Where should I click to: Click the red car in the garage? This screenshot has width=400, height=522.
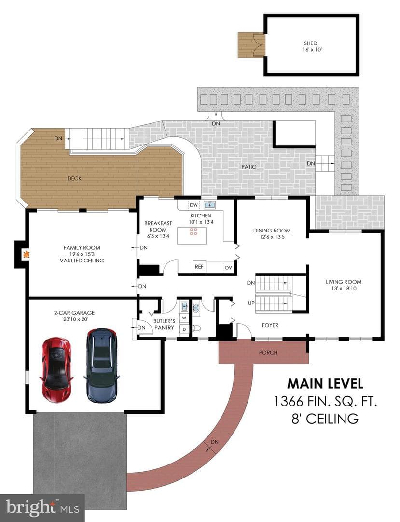57,370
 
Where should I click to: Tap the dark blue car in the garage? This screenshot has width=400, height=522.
101,365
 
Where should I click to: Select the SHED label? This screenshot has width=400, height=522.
311,43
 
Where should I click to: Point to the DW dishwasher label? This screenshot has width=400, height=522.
193,205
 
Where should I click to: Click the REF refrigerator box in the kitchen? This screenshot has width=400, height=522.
199,267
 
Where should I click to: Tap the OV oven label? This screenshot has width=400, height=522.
228,267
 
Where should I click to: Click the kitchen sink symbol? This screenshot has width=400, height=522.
209,204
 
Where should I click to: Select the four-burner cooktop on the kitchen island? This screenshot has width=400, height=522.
193,232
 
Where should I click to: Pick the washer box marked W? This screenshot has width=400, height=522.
184,318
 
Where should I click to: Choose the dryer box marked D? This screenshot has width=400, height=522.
184,329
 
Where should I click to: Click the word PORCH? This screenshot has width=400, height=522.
268,352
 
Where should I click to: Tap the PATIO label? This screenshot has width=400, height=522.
249,166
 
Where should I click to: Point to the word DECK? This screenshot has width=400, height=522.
74,178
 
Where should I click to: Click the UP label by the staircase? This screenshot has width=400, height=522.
251,303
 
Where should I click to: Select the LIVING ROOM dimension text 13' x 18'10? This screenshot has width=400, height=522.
344,288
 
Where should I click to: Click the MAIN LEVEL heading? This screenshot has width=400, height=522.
325,383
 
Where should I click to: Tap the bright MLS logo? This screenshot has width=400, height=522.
42,507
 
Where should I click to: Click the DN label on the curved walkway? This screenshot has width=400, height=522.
215,442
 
